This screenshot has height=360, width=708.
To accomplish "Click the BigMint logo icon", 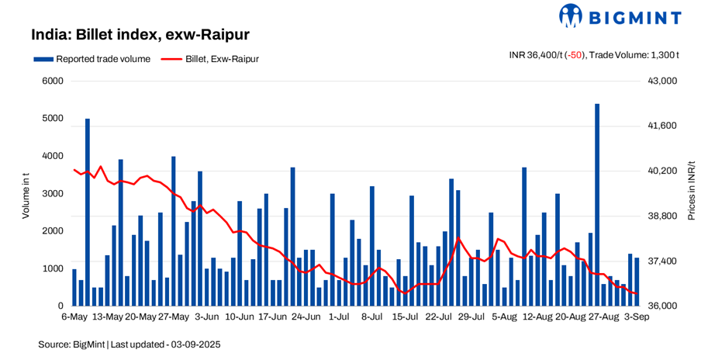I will pyautogui.click(x=572, y=15).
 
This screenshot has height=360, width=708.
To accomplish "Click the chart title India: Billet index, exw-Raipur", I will pyautogui.click(x=140, y=35).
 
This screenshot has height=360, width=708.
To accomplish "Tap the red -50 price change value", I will pyautogui.click(x=574, y=54).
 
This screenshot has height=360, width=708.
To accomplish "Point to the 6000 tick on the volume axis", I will pyautogui.click(x=52, y=81).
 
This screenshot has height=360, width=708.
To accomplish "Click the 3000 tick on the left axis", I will pyautogui.click(x=52, y=193).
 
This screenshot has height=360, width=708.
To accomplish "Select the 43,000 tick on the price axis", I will pyautogui.click(x=662, y=81).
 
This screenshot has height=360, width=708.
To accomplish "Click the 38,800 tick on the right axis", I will pyautogui.click(x=662, y=216).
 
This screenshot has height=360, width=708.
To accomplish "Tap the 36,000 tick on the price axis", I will pyautogui.click(x=662, y=306).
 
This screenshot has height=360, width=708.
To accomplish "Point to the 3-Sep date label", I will pyautogui.click(x=637, y=317).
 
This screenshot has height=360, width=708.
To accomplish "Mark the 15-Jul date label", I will pyautogui.click(x=406, y=317).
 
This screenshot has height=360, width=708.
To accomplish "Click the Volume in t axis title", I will pyautogui.click(x=26, y=193).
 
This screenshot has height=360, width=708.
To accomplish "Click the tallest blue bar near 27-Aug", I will pyautogui.click(x=597, y=202).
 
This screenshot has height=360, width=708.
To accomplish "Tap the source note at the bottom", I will pyautogui.click(x=130, y=344).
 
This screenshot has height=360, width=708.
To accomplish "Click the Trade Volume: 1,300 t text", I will pyautogui.click(x=635, y=54).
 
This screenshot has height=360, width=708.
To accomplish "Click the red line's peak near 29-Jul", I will pyautogui.click(x=458, y=237).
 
